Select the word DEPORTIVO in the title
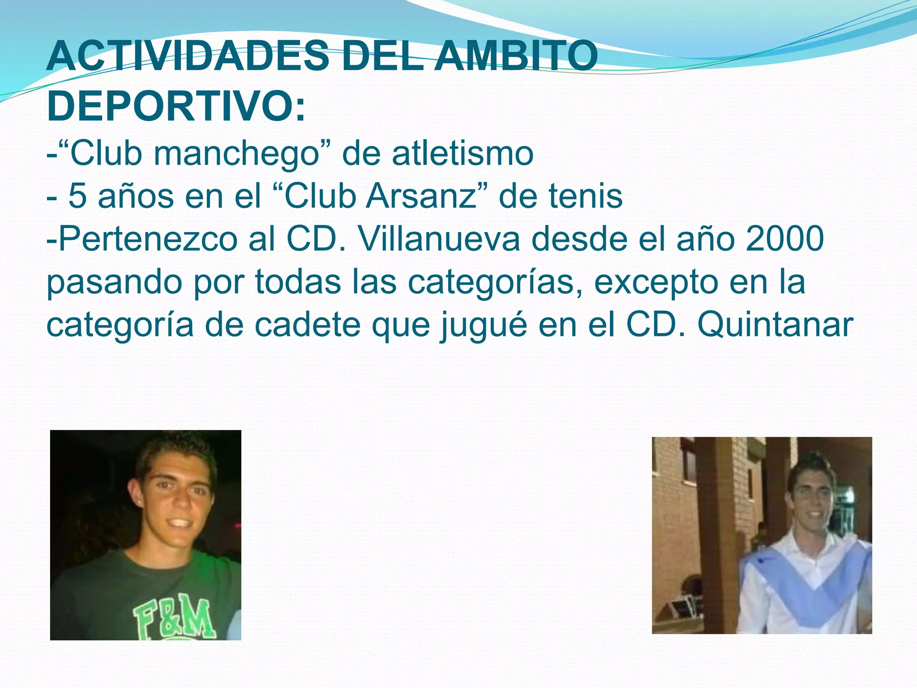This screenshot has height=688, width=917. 170,107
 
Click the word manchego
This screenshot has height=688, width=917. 236,153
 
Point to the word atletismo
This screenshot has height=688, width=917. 463,153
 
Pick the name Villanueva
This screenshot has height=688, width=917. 439,239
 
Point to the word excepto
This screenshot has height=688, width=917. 656,282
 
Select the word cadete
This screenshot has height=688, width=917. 308,325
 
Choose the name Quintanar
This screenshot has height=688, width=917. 775,325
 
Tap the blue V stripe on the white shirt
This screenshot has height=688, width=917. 806,591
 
